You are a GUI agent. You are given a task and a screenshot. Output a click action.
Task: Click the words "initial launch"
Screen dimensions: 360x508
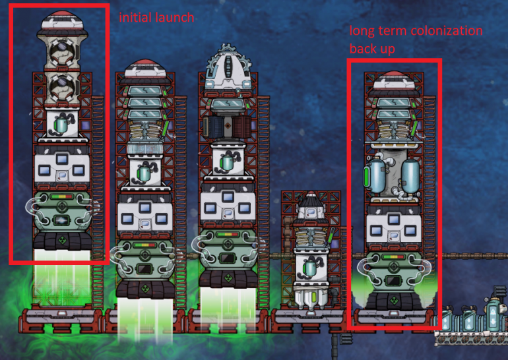156,18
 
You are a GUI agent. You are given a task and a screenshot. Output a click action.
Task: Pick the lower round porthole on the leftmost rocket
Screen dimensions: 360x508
59,84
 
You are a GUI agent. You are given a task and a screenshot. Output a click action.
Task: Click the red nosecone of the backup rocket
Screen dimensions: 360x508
391,79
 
